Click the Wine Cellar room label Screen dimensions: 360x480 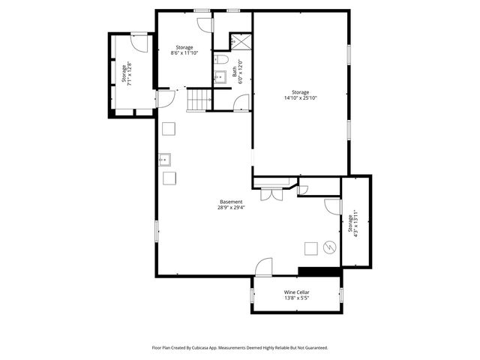coord(296,292)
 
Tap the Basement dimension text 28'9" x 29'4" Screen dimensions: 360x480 coord(231,208)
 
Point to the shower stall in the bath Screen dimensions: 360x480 coord(238,42)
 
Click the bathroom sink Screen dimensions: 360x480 coord(221,76)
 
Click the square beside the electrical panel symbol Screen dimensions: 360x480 coord(310,248)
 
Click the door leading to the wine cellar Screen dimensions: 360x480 coord(264,267)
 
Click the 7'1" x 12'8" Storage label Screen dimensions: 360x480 coord(129,73)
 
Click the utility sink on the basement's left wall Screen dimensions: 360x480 coord(164,159)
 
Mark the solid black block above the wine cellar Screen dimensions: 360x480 coord(313,271)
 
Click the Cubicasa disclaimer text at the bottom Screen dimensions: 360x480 coord(239,347)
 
